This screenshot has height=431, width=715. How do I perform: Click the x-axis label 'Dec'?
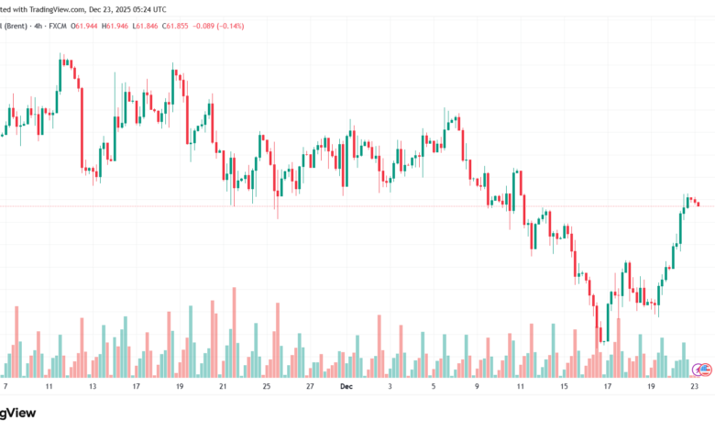pyautogui.click(x=346, y=387)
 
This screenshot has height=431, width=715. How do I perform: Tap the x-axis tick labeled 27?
pyautogui.click(x=310, y=387)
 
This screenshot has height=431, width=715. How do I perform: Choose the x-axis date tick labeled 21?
pyautogui.click(x=223, y=387)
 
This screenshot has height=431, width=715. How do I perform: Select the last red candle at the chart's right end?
pyautogui.click(x=698, y=204)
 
